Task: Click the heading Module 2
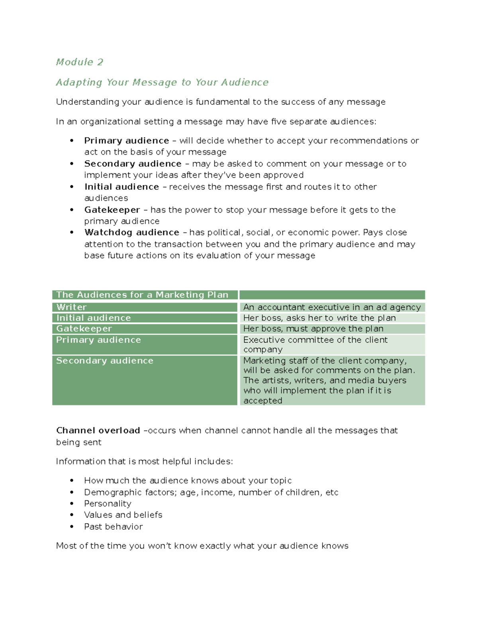pyautogui.click(x=80, y=62)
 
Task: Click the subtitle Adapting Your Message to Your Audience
pyautogui.click(x=162, y=83)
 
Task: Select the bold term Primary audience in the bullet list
pyautogui.click(x=127, y=141)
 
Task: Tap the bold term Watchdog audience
pyautogui.click(x=132, y=232)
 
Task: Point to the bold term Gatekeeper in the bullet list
pyautogui.click(x=112, y=210)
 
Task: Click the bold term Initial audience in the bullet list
pyautogui.click(x=121, y=187)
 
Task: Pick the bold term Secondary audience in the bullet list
pyautogui.click(x=133, y=164)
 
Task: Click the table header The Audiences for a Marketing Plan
pyautogui.click(x=142, y=295)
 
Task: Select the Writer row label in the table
pyautogui.click(x=71, y=307)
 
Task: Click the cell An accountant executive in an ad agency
pyautogui.click(x=332, y=307)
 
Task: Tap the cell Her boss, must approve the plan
pyautogui.click(x=313, y=329)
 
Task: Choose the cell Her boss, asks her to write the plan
pyautogui.click(x=319, y=318)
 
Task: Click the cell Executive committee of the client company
pyautogui.click(x=315, y=344)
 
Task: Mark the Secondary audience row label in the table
pyautogui.click(x=104, y=361)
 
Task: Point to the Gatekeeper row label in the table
pyautogui.click(x=84, y=329)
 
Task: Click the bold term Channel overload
pyautogui.click(x=98, y=430)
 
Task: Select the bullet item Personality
pyautogui.click(x=108, y=504)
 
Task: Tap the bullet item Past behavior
pyautogui.click(x=113, y=527)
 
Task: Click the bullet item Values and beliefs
pyautogui.click(x=123, y=515)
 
